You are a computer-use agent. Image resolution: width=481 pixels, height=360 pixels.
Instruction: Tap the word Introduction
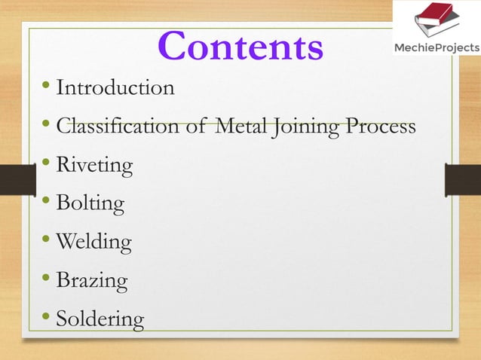point(115,88)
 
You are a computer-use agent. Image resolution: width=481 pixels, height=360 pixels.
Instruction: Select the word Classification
point(120,127)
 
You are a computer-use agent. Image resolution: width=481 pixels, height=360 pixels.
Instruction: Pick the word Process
point(381,127)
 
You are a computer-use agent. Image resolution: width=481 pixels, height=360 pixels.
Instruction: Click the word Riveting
point(95,165)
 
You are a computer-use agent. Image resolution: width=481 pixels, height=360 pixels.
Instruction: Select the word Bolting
point(90,203)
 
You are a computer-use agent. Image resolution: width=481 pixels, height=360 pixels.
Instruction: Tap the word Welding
point(94,242)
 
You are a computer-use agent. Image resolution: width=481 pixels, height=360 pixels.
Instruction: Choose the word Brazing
point(92,281)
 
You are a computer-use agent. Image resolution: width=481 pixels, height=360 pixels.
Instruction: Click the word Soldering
point(100,319)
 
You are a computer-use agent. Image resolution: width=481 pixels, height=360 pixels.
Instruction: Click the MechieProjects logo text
point(437,48)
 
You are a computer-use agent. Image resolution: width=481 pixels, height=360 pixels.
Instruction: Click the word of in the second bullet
point(195,127)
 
